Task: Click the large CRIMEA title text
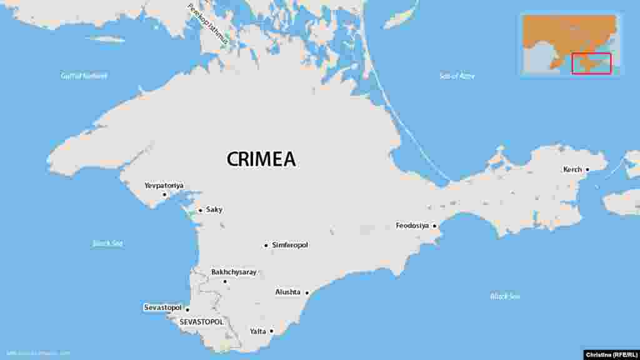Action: coord(261,159)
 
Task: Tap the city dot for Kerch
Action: coord(587,169)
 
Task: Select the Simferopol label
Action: coord(290,245)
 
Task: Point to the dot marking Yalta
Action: coord(271,331)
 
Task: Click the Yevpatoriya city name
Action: coord(164,186)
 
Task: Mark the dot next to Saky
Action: coord(201,210)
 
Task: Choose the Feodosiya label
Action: coord(412,226)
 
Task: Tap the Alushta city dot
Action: coord(307,292)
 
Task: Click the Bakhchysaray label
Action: coord(234,272)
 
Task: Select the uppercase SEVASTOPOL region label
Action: coord(201,322)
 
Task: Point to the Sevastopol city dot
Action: coord(187,309)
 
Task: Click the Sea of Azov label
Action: coord(457,76)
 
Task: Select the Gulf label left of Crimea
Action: coord(84,76)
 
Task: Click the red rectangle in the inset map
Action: coord(591,64)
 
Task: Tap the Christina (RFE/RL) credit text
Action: coord(611,354)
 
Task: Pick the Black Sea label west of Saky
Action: coord(107,243)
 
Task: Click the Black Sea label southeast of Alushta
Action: coord(505,296)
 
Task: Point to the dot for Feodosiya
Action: coord(434,226)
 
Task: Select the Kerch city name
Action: coord(572,169)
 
